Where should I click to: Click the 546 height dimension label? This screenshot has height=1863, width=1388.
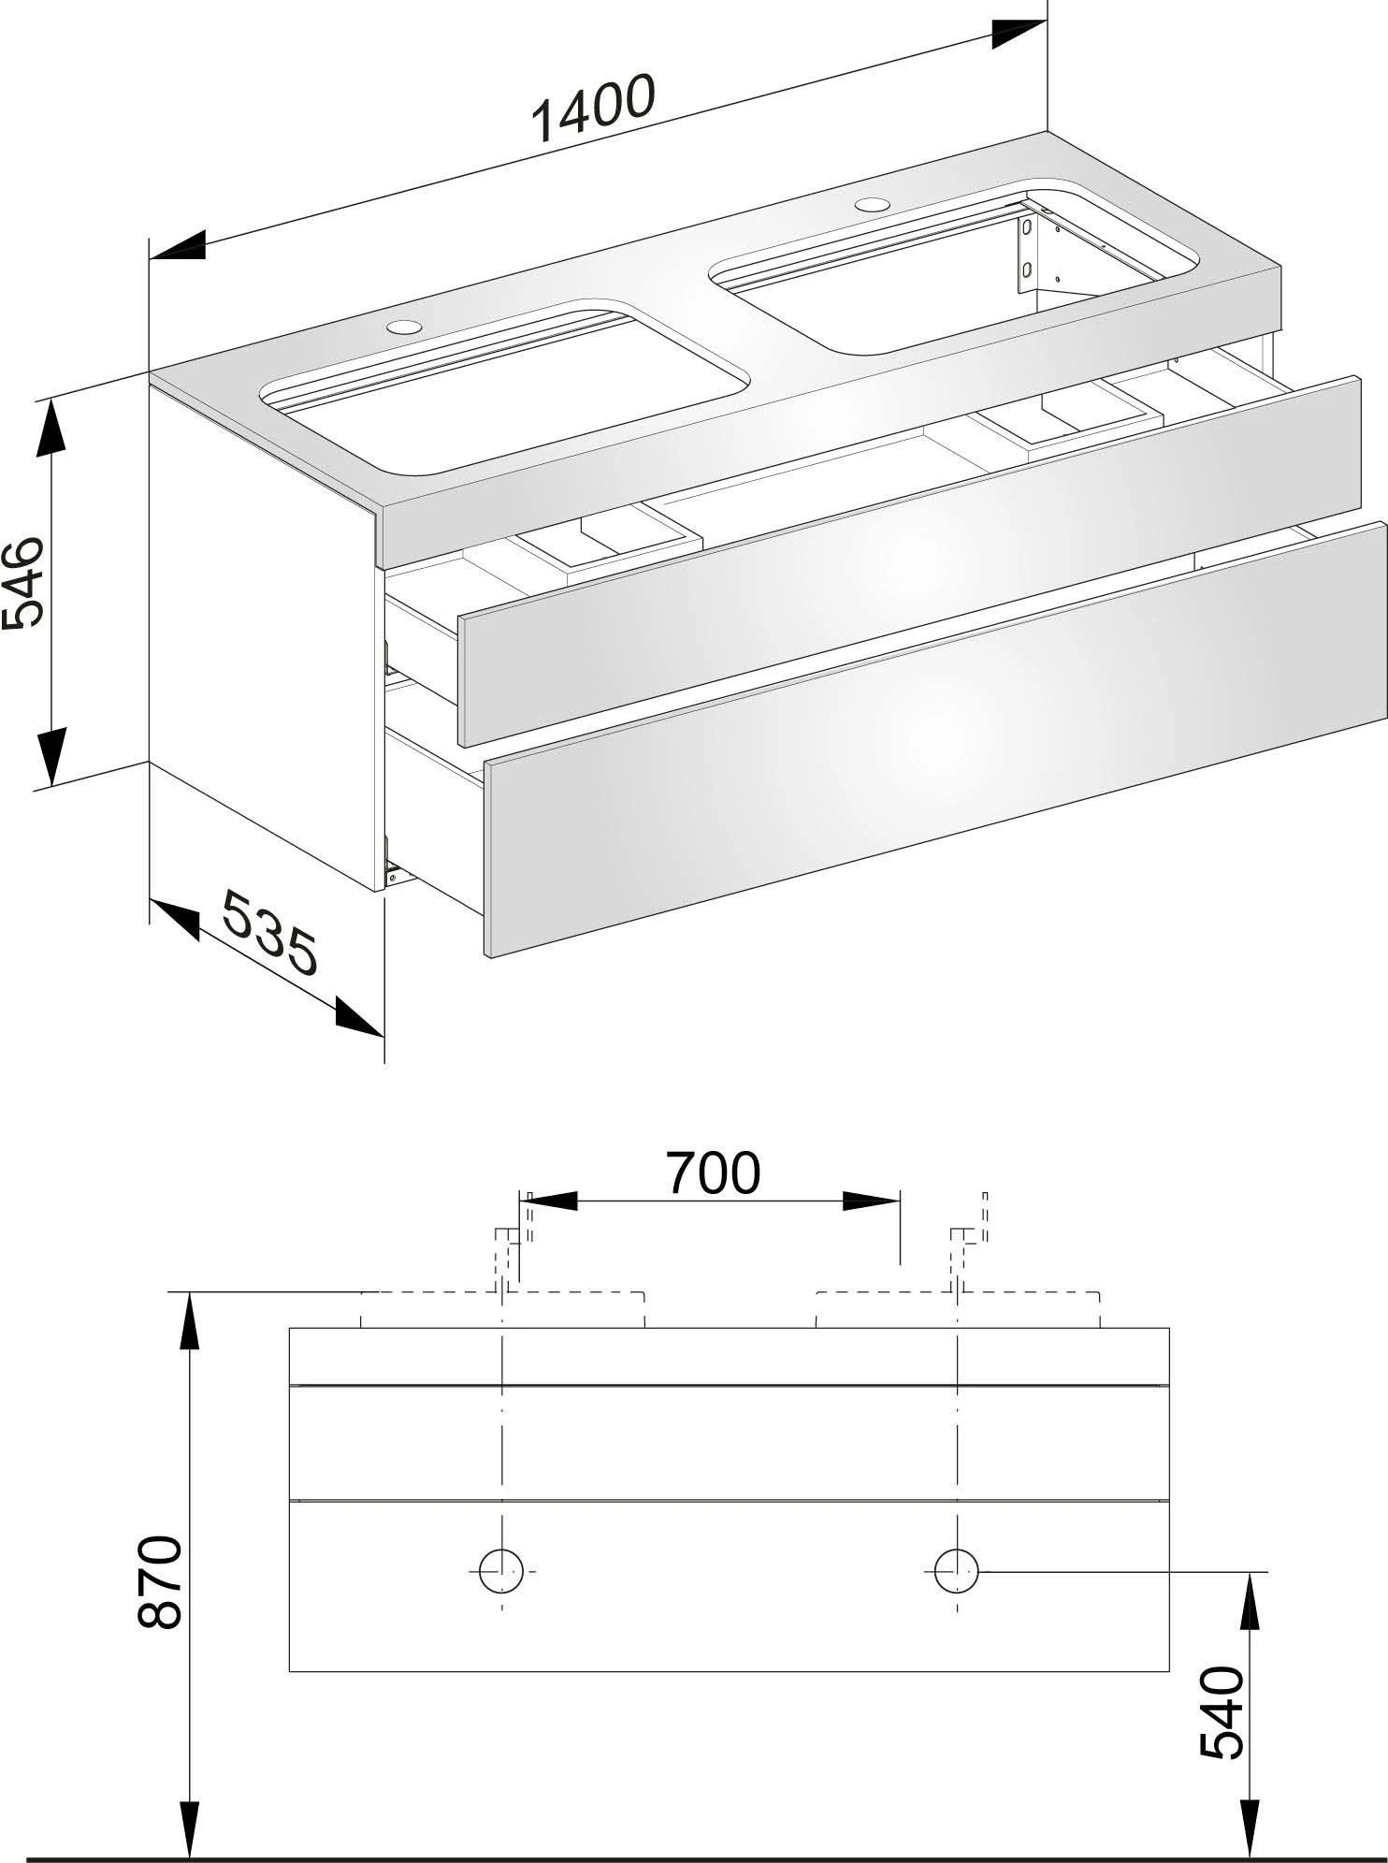(25, 581)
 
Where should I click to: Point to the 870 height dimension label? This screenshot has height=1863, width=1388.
(158, 1582)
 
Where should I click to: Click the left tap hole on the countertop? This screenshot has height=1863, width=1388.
(405, 327)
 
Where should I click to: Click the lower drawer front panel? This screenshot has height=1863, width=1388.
(935, 739)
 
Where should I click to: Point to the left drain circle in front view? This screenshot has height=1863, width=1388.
(501, 1568)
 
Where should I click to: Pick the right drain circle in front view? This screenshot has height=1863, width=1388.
(957, 1568)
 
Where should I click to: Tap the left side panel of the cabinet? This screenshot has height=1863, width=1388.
(262, 636)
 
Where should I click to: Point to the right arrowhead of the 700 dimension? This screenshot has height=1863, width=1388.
(870, 1201)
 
